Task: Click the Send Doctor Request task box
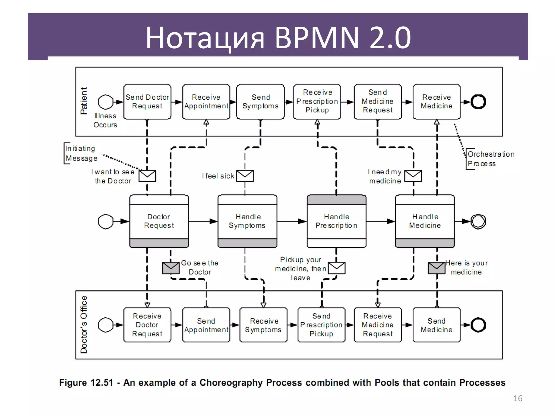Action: tap(147, 102)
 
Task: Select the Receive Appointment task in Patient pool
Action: tap(206, 102)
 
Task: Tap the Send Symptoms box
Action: tap(260, 102)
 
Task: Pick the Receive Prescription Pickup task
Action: tap(317, 102)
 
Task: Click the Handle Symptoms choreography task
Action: tap(247, 221)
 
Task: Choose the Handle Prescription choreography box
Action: tap(336, 221)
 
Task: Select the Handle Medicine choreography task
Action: tap(425, 221)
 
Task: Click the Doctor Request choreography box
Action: tap(159, 221)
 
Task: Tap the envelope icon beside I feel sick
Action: tap(245, 176)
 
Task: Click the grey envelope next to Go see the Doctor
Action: tap(171, 268)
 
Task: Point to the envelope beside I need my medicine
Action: tap(413, 176)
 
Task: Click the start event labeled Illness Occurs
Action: tap(106, 102)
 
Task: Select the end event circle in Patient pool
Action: tap(478, 102)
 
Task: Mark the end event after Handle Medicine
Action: tap(478, 222)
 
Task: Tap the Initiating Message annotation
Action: tap(81, 153)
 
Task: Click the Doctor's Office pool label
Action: tap(84, 324)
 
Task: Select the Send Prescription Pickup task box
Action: tap(321, 325)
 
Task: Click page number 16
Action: tap(518, 398)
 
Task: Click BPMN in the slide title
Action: tap(317, 37)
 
